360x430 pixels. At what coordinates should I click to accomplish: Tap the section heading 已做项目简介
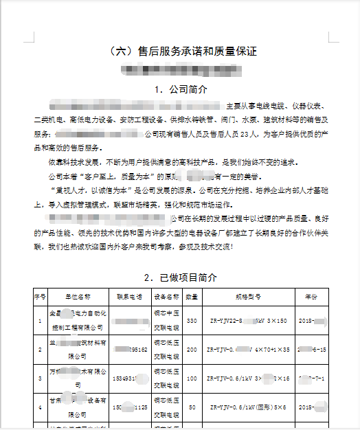coord(181,278)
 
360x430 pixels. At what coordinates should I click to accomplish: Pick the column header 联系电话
coord(129,297)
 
